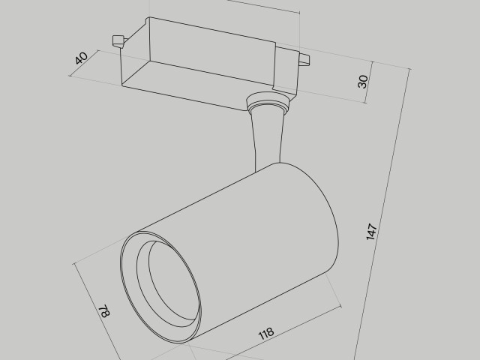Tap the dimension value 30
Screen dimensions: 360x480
point(363,81)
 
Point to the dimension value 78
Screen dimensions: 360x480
point(103,312)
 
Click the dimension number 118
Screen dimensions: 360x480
point(265,332)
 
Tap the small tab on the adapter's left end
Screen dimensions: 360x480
point(116,40)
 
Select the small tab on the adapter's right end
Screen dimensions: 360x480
point(303,58)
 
